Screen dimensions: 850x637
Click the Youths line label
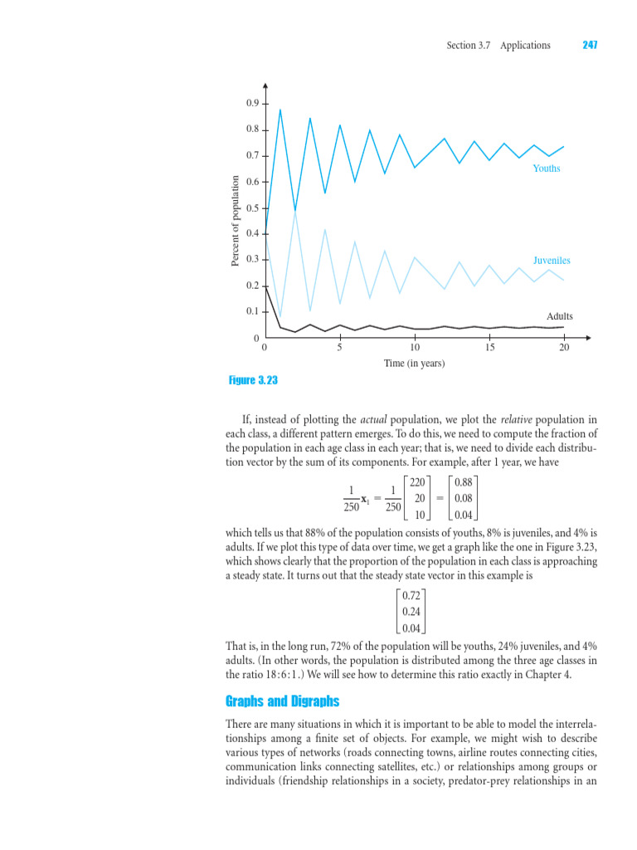click(546, 169)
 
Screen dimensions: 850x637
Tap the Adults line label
click(559, 316)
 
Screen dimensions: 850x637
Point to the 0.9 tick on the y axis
click(252, 103)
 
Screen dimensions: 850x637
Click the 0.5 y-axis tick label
click(252, 208)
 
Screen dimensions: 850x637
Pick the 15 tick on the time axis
click(490, 347)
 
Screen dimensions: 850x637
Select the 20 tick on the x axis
click(564, 347)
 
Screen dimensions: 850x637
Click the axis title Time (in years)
click(414, 364)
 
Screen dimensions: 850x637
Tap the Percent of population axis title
click(234, 221)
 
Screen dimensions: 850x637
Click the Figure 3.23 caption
click(253, 380)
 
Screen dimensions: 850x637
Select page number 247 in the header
click(590, 45)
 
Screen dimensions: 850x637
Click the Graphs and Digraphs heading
click(282, 701)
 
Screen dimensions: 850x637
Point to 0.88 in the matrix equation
click(464, 481)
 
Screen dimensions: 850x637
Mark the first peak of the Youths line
click(280, 110)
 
